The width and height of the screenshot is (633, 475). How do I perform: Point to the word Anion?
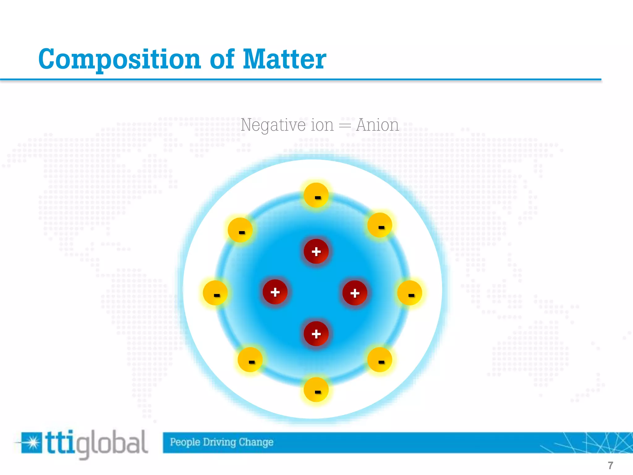(377, 125)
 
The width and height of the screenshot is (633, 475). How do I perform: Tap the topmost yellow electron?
(316, 195)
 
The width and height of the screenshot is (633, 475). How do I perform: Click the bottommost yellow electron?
(316, 390)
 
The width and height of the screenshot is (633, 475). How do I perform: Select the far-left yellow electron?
(215, 293)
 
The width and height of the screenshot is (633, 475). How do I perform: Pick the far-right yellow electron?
(410, 293)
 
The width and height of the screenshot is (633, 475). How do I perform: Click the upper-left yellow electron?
(240, 230)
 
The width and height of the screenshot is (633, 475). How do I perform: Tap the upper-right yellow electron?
(380, 225)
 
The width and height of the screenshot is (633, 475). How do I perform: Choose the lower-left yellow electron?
(250, 360)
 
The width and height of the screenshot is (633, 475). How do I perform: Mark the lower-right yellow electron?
(380, 360)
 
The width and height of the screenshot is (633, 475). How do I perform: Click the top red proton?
(316, 251)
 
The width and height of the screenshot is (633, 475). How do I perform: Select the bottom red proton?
(316, 334)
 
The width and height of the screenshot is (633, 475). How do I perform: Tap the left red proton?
(275, 292)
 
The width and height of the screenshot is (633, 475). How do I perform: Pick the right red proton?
(355, 293)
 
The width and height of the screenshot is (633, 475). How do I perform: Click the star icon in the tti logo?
(32, 443)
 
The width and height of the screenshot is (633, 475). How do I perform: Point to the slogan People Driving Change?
(222, 442)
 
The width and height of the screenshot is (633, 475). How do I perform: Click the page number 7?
(610, 465)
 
